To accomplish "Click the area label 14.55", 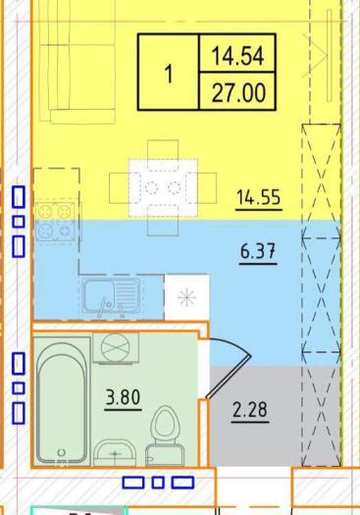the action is [259, 198].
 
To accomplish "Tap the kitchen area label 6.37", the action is [258, 252].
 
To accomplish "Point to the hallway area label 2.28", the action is [250, 410].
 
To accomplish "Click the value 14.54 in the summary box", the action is [237, 56].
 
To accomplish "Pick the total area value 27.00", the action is [238, 93].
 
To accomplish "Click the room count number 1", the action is [169, 74].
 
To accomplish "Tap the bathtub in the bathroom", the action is [62, 401].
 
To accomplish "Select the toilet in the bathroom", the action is [166, 437].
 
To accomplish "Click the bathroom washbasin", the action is [115, 452].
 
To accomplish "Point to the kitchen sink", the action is [111, 295].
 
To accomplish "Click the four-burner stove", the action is [55, 222].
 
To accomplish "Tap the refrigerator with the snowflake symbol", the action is [187, 297].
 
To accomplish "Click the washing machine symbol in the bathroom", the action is [116, 347].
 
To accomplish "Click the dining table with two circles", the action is [163, 188].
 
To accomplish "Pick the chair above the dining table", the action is [163, 150].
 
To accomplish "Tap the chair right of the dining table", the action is [207, 188].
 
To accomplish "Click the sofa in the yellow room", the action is [77, 62].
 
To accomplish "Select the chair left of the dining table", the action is [120, 188].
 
